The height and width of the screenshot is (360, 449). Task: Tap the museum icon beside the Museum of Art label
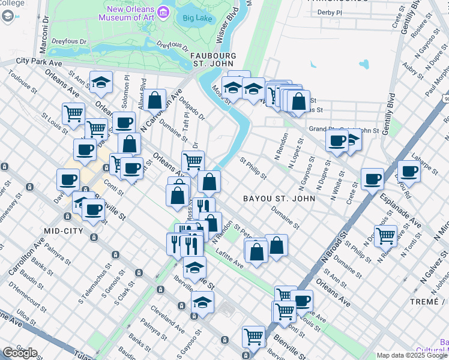pyautogui.click(x=163, y=11)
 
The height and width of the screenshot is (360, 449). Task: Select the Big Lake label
pyautogui.click(x=196, y=18)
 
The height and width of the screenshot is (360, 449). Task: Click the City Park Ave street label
pyautogui.click(x=39, y=61)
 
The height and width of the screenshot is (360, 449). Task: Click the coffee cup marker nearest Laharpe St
pyautogui.click(x=409, y=170)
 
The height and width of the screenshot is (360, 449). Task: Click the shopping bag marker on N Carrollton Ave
pyautogui.click(x=155, y=100)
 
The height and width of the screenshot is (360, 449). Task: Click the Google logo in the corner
pyautogui.click(x=20, y=353)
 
